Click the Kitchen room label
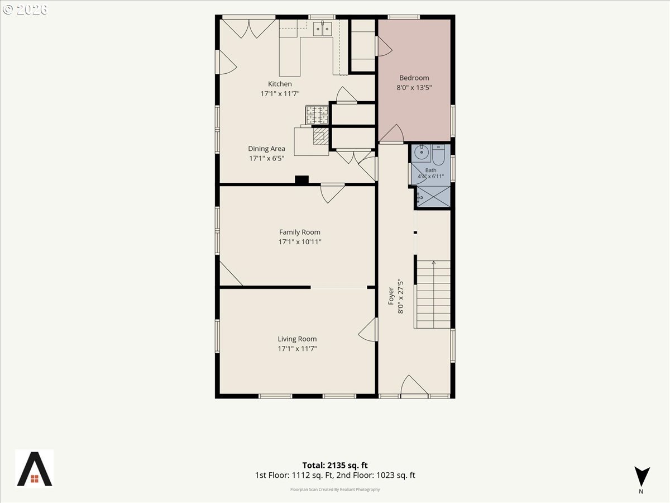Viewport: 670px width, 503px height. coord(280,84)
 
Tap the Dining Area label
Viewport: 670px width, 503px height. coord(266,149)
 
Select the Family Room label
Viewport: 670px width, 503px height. coord(300,232)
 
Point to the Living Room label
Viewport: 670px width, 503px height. coord(297,339)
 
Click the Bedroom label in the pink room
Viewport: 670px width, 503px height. coord(414,78)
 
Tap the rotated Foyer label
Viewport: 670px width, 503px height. coord(391,296)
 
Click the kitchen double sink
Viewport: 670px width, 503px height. coord(322,29)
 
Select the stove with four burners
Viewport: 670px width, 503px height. coord(317,115)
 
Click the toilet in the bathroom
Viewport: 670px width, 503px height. coord(439,154)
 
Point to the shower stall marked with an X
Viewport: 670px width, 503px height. coord(433,197)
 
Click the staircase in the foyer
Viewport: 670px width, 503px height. coord(433,295)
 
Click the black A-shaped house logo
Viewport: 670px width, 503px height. coord(35,469)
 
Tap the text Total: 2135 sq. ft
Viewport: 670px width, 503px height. coord(335,465)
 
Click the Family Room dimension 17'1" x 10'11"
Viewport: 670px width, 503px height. coord(300,242)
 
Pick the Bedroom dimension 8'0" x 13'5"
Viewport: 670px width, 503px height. coord(414,88)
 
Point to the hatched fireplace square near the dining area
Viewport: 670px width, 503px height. coord(320,136)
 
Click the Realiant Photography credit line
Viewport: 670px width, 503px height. coord(335,489)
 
